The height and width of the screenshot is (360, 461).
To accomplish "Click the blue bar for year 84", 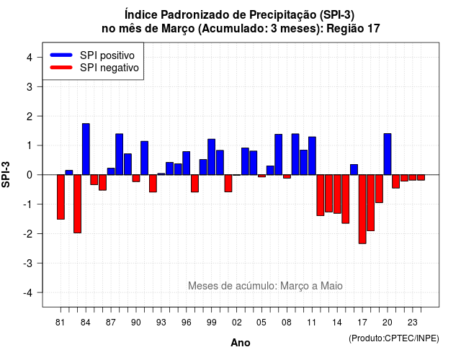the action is click(86, 149).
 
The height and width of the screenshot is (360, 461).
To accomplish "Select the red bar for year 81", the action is click(61, 197).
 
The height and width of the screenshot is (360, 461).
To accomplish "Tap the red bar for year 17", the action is click(362, 210).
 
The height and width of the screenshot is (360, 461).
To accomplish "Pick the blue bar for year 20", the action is click(388, 154).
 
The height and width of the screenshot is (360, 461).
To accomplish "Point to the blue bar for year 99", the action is click(211, 157).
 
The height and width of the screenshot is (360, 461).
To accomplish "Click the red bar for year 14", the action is click(337, 194).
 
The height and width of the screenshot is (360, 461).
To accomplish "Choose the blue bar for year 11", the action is click(312, 156).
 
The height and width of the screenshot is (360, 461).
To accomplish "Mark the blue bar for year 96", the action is click(187, 163).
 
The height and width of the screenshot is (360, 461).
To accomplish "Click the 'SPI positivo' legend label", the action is click(107, 55).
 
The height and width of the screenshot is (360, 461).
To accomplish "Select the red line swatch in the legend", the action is click(61, 68).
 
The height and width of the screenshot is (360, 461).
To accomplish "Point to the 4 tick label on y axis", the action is click(30, 58).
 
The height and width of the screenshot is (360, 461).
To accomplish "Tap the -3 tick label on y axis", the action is click(27, 263).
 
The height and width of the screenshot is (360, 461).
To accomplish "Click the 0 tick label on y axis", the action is click(30, 175).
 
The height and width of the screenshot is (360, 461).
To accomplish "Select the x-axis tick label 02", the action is click(237, 323).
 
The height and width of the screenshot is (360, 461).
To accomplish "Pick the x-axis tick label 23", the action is click(413, 323).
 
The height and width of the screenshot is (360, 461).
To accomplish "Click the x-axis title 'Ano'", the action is click(241, 343).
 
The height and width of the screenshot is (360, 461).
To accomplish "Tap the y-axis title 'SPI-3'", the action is click(6, 174).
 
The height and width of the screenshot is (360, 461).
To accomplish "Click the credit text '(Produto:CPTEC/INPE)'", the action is click(394, 338).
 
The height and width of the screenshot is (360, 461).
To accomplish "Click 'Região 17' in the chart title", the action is click(353, 29).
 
